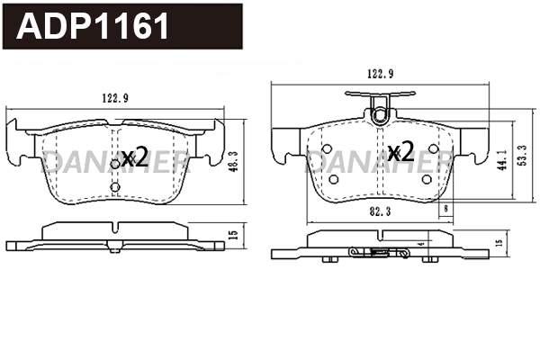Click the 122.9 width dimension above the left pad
(113, 100)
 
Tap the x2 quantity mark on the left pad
(135, 157)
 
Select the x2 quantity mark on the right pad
(400, 149)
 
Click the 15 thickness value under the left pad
(232, 236)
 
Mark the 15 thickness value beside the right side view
(499, 244)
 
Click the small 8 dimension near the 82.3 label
(447, 209)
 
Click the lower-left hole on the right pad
(335, 178)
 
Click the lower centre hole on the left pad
(114, 187)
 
